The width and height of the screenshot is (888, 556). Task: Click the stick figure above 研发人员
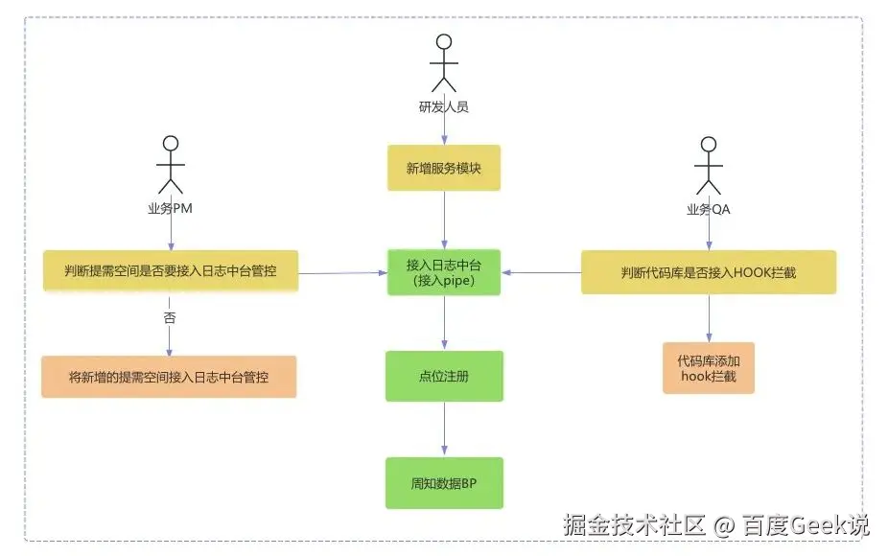pos(443,63)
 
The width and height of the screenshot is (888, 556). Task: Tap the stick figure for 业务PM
pos(171,165)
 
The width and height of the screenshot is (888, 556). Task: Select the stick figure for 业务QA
pos(708,165)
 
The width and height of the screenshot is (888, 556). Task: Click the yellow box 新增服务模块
pos(443,168)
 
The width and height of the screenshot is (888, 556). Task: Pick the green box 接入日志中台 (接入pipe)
pos(443,272)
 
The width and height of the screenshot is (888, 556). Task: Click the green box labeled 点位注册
pos(443,377)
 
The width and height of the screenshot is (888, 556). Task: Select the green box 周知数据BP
pos(443,483)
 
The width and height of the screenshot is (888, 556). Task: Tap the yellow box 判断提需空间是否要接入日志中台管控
pos(171,271)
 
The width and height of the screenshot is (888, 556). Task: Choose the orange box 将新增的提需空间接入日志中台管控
pos(169,377)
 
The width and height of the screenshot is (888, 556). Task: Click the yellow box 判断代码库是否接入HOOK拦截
pos(708,272)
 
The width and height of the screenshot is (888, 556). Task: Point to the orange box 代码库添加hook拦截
pos(708,368)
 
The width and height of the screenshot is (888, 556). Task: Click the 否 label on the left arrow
pos(170,317)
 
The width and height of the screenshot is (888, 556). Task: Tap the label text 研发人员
pos(443,107)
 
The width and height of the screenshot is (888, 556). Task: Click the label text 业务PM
pos(171,209)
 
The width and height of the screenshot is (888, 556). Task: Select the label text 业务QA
pos(708,209)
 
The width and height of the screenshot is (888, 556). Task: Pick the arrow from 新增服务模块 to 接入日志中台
pos(443,220)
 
